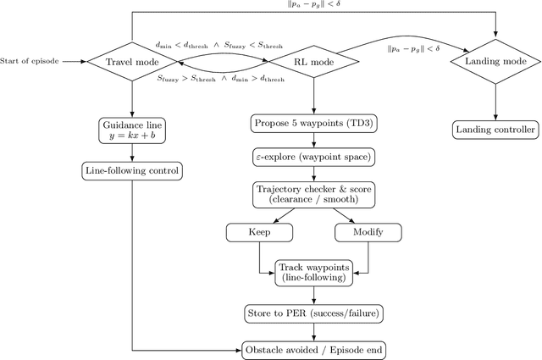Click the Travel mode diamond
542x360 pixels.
(x=133, y=61)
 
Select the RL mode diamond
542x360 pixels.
(x=313, y=61)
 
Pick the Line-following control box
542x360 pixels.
(x=133, y=170)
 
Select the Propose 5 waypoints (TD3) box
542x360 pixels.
(x=313, y=124)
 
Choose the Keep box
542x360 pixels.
(x=259, y=232)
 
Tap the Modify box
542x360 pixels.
(x=368, y=232)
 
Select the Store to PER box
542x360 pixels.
(x=313, y=313)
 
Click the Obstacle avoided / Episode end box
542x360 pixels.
(x=313, y=349)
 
